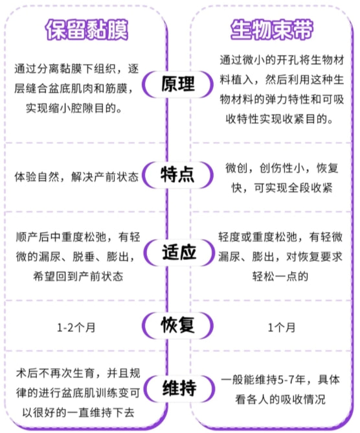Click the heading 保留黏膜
pyautogui.click(x=87, y=30)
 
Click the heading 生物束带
pyautogui.click(x=272, y=30)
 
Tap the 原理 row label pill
pyautogui.click(x=178, y=84)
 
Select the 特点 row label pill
pyautogui.click(x=178, y=175)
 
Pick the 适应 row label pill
pyautogui.click(x=179, y=252)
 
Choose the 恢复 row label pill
pyautogui.click(x=178, y=325)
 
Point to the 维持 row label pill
pyautogui.click(x=179, y=388)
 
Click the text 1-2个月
pyautogui.click(x=76, y=328)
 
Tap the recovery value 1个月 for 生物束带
pyautogui.click(x=282, y=328)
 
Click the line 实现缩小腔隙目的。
pyautogui.click(x=74, y=108)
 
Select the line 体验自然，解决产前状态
pyautogui.click(x=76, y=177)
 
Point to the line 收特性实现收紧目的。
pyautogui.click(x=280, y=119)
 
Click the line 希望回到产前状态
pyautogui.click(x=78, y=276)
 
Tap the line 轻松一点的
pyautogui.click(x=280, y=276)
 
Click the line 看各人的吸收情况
pyautogui.click(x=280, y=399)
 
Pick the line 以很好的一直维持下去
pyautogui.click(x=78, y=412)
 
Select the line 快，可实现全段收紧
pyautogui.click(x=282, y=188)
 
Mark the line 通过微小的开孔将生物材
pyautogui.click(x=282, y=60)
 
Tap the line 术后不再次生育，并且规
pyautogui.click(x=78, y=373)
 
